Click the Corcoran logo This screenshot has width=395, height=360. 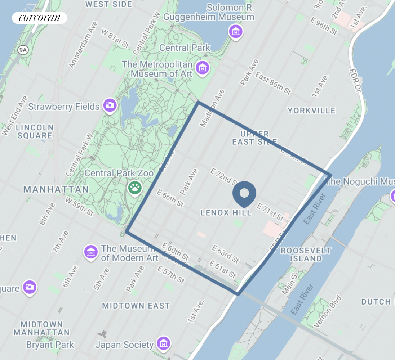pyautogui.click(x=39, y=18)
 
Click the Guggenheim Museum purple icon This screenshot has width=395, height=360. pyautogui.click(x=235, y=32)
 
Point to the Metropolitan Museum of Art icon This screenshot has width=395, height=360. pyautogui.click(x=203, y=67)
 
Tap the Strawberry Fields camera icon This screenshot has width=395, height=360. pyautogui.click(x=110, y=105)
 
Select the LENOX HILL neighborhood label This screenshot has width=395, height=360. pyautogui.click(x=226, y=213)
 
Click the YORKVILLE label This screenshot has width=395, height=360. pyautogui.click(x=311, y=111)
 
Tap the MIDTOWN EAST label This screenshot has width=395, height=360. pyautogui.click(x=136, y=306)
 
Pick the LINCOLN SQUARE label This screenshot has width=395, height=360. pyautogui.click(x=35, y=131)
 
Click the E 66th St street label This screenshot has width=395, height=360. pyautogui.click(x=170, y=198)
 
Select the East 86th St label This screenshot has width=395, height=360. pyautogui.click(x=273, y=83)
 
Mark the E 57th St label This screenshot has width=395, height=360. pyautogui.click(x=171, y=274)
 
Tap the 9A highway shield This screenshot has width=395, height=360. pyautogui.click(x=23, y=50)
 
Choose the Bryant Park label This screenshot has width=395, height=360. pyautogui.click(x=50, y=345)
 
